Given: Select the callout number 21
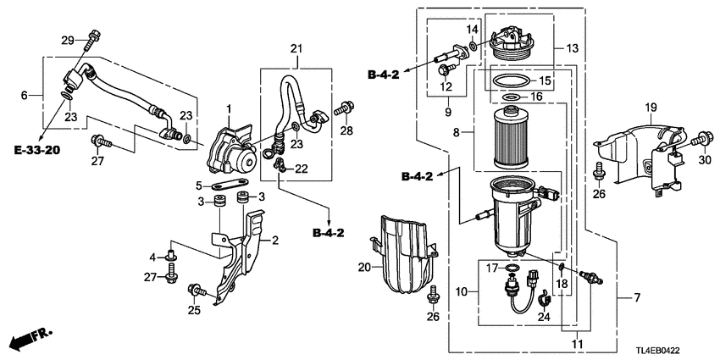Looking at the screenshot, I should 296,49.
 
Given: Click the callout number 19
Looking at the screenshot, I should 651,107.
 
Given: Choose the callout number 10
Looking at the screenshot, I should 461,293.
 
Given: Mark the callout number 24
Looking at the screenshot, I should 545,318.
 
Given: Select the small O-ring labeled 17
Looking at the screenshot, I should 511,270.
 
